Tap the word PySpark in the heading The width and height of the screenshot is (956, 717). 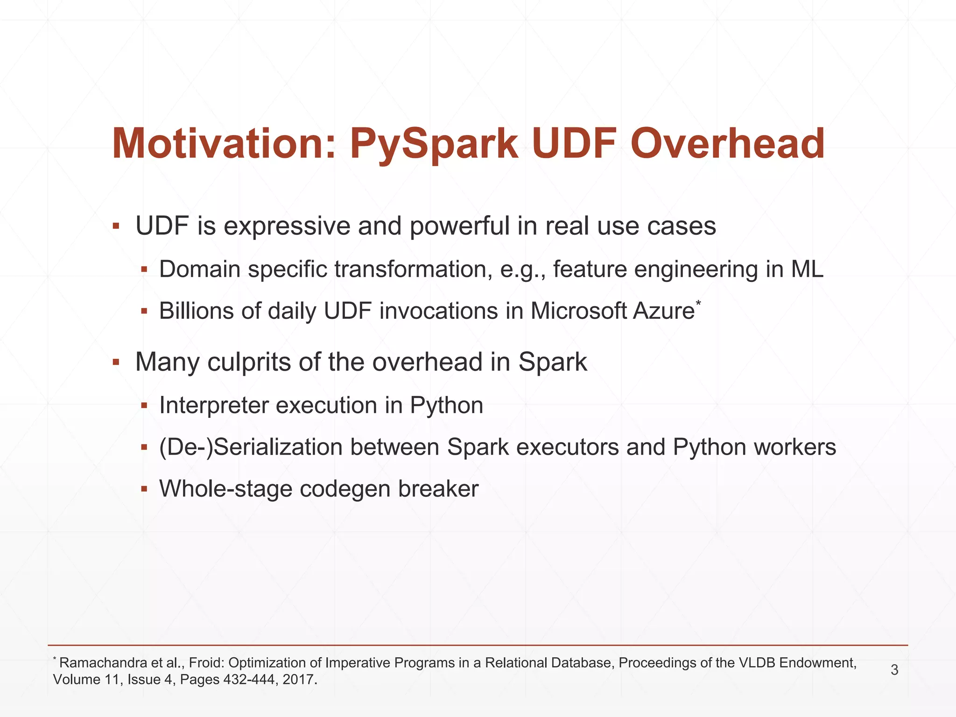click(434, 144)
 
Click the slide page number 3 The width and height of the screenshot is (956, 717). click(894, 670)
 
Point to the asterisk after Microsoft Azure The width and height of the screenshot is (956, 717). click(698, 304)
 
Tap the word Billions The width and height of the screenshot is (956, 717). click(196, 311)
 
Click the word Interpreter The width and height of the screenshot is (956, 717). click(214, 406)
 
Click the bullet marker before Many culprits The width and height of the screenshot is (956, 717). click(116, 362)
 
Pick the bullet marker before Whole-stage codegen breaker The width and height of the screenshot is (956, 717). click(144, 489)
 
